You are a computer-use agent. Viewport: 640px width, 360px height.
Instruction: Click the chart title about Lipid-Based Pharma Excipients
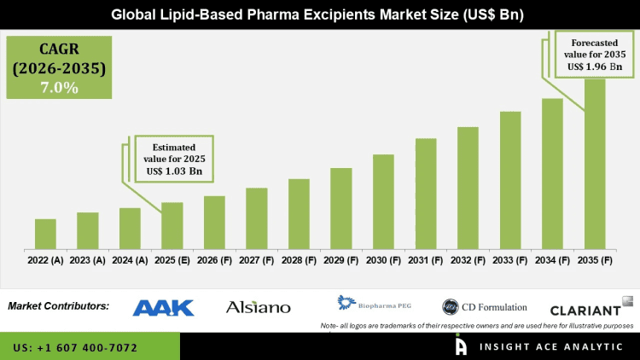tap(320, 15)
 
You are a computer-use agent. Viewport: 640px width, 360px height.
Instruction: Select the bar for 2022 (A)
tap(45, 233)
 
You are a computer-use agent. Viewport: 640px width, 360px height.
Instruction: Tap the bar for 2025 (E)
tap(172, 224)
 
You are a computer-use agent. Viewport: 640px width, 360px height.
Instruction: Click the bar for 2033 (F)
tap(510, 179)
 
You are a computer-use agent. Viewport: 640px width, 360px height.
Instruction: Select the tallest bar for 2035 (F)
tap(595, 162)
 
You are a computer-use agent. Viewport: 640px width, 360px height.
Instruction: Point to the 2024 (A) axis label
tap(130, 259)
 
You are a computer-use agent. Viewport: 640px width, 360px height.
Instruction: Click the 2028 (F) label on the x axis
tap(299, 259)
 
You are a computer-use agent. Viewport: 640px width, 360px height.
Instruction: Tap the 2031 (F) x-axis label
tap(426, 259)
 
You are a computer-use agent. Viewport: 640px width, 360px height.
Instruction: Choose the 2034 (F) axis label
tap(552, 259)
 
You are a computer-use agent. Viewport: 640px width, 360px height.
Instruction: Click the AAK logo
tap(164, 307)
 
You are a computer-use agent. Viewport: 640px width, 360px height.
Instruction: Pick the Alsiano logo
tap(258, 307)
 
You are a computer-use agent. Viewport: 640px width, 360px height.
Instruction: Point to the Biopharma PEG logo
tap(375, 304)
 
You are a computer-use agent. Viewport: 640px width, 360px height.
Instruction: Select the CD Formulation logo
tap(484, 307)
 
